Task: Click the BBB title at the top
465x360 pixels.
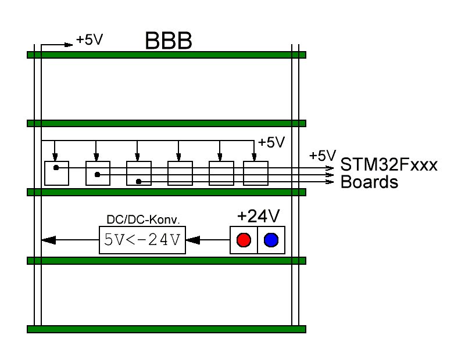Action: point(168,42)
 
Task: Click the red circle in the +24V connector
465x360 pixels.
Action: point(244,240)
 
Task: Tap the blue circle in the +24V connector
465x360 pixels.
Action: point(271,240)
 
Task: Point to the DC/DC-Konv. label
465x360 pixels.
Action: point(142,221)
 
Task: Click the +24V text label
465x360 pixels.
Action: point(258,217)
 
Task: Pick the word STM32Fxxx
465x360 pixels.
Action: point(389,165)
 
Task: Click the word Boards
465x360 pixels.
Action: point(369,182)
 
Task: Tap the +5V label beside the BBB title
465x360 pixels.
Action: point(90,41)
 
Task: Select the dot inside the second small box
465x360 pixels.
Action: point(98,174)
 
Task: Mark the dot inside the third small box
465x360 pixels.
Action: point(138,182)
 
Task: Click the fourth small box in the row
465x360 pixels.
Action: point(180,173)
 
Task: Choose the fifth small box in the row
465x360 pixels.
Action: point(221,173)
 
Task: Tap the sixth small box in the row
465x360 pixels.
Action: point(255,173)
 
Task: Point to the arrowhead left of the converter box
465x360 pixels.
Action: point(49,239)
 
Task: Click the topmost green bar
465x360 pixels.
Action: point(166,55)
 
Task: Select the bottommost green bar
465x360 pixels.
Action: point(166,329)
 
